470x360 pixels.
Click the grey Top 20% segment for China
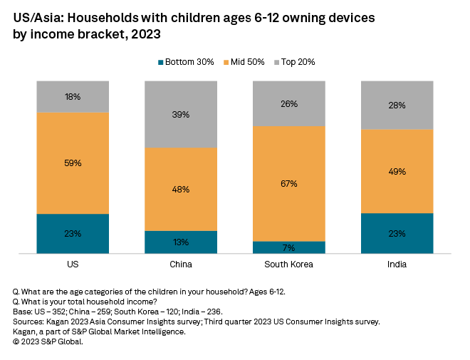[181, 128]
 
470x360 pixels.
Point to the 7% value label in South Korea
[289, 247]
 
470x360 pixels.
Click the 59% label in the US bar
[73, 163]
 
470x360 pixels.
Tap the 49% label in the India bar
[397, 171]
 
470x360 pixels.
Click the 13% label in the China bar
[181, 242]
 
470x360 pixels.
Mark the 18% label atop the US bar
[73, 96]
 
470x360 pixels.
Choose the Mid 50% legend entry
[246, 62]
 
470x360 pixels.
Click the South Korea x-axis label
[289, 264]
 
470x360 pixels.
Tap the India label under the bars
[397, 264]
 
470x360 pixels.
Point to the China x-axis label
[181, 264]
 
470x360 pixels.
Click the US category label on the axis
[73, 264]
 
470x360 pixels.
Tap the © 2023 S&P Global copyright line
[48, 342]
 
